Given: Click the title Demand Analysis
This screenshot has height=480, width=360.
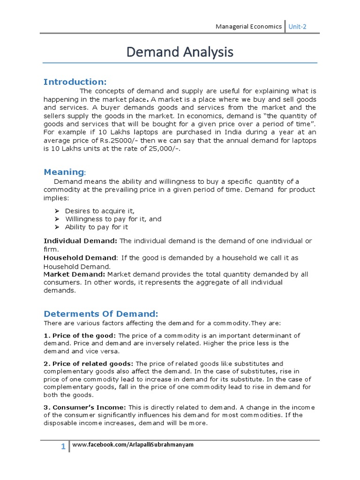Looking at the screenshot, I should (x=180, y=52).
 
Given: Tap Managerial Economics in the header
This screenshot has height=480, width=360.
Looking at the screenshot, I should (x=248, y=27).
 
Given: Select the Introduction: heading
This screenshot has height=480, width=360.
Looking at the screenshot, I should (x=75, y=82).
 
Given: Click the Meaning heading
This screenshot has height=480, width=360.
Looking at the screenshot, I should (x=64, y=172).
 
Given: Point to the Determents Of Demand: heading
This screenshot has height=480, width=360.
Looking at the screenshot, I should (x=101, y=314).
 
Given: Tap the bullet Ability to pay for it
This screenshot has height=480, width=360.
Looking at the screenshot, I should (x=96, y=227).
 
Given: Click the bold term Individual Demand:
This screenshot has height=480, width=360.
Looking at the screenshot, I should (x=81, y=241).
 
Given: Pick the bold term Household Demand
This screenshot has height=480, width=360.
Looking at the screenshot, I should (x=80, y=258).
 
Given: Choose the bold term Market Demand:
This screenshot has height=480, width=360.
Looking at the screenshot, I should (x=75, y=274).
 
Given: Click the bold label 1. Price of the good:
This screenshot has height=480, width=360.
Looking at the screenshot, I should (x=80, y=336).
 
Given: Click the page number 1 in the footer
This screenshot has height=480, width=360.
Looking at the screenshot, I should (x=63, y=447).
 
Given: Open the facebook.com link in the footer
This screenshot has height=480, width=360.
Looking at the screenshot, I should (x=133, y=444).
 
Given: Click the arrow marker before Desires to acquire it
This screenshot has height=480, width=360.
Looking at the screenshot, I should (x=57, y=211).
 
